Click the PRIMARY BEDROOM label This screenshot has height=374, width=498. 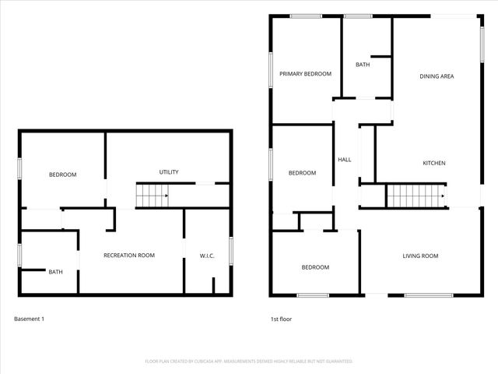pyautogui.click(x=306, y=74)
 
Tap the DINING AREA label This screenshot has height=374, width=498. pyautogui.click(x=437, y=76)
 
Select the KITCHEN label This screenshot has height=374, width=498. pyautogui.click(x=433, y=163)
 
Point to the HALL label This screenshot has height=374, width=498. pyautogui.click(x=344, y=160)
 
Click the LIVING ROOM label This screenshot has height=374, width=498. pyautogui.click(x=420, y=256)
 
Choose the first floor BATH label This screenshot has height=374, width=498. pyautogui.click(x=363, y=65)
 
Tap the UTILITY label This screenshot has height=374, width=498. pyautogui.click(x=169, y=172)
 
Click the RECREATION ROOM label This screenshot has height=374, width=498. pyautogui.click(x=130, y=255)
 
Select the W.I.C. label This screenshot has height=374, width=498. pyautogui.click(x=207, y=255)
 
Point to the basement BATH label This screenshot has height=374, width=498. pyautogui.click(x=56, y=272)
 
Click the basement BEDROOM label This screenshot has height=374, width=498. pyautogui.click(x=63, y=175)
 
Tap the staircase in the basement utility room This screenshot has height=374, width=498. pyautogui.click(x=153, y=196)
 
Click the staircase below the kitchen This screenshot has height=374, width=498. pyautogui.click(x=416, y=196)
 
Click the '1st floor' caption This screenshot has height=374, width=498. pyautogui.click(x=281, y=319)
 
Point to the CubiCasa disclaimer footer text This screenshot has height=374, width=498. pyautogui.click(x=249, y=362)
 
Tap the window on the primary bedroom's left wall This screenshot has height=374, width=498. pyautogui.click(x=271, y=70)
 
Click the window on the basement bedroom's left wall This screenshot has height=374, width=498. pyautogui.click(x=20, y=170)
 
